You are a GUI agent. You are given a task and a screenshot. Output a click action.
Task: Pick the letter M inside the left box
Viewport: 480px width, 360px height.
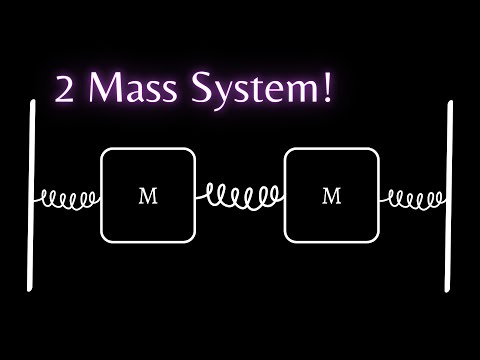(147, 196)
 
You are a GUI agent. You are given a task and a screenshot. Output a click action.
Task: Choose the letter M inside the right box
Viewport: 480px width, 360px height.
(331, 196)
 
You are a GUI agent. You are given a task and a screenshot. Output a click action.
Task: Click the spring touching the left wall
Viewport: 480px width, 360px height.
(68, 197)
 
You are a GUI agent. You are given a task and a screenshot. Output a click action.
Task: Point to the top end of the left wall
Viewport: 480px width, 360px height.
(34, 102)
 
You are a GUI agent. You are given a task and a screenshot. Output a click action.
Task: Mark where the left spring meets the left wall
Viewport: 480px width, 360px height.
(37, 197)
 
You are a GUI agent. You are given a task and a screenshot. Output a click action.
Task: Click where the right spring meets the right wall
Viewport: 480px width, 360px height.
(446, 197)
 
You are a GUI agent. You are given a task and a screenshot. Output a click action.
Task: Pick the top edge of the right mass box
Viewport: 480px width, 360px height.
(331, 149)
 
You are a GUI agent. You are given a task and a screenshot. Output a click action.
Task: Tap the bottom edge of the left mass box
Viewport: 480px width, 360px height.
(147, 242)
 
